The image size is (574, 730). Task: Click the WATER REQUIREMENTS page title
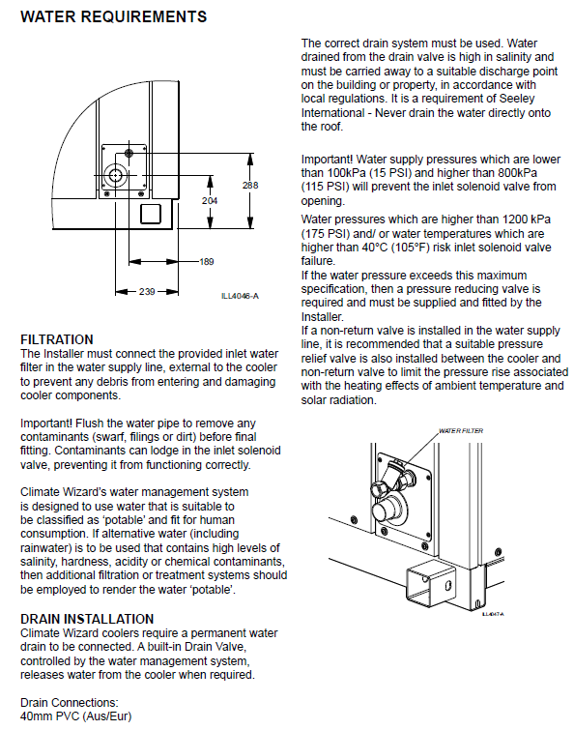[113, 16]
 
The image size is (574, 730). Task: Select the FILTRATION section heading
[57, 339]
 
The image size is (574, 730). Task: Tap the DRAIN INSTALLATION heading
[87, 619]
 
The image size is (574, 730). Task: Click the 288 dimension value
[250, 186]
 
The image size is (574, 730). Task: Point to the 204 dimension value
[210, 201]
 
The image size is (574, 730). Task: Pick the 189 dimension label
[207, 262]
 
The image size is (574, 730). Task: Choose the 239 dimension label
[147, 292]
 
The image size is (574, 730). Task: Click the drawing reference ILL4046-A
[240, 296]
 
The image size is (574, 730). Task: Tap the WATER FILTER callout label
[461, 430]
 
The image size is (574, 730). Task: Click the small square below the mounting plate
[151, 214]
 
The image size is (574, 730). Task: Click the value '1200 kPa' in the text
[529, 219]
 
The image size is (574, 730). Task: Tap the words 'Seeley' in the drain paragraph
[517, 99]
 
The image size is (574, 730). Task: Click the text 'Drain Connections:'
[70, 703]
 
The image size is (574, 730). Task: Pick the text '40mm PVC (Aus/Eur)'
[76, 716]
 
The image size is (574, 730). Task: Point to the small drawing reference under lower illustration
[493, 615]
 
